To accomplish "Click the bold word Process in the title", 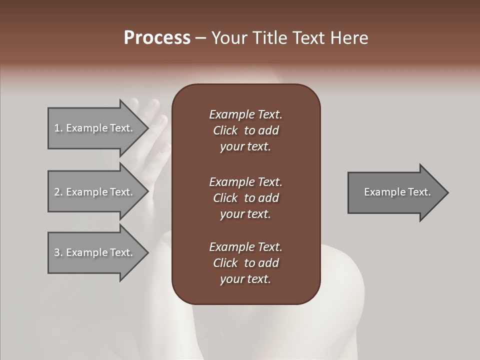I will point(157,38).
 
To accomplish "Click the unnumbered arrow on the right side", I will point(395,192).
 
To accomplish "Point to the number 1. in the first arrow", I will point(58,128).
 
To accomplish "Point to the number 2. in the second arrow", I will point(58,192).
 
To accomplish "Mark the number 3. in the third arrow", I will point(58,252).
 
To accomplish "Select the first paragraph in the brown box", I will point(245,130).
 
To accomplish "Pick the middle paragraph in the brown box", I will point(245,198).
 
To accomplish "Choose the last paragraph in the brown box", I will point(245,263).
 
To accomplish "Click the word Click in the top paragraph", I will point(225,130).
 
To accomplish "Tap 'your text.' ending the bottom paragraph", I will point(245,279).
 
